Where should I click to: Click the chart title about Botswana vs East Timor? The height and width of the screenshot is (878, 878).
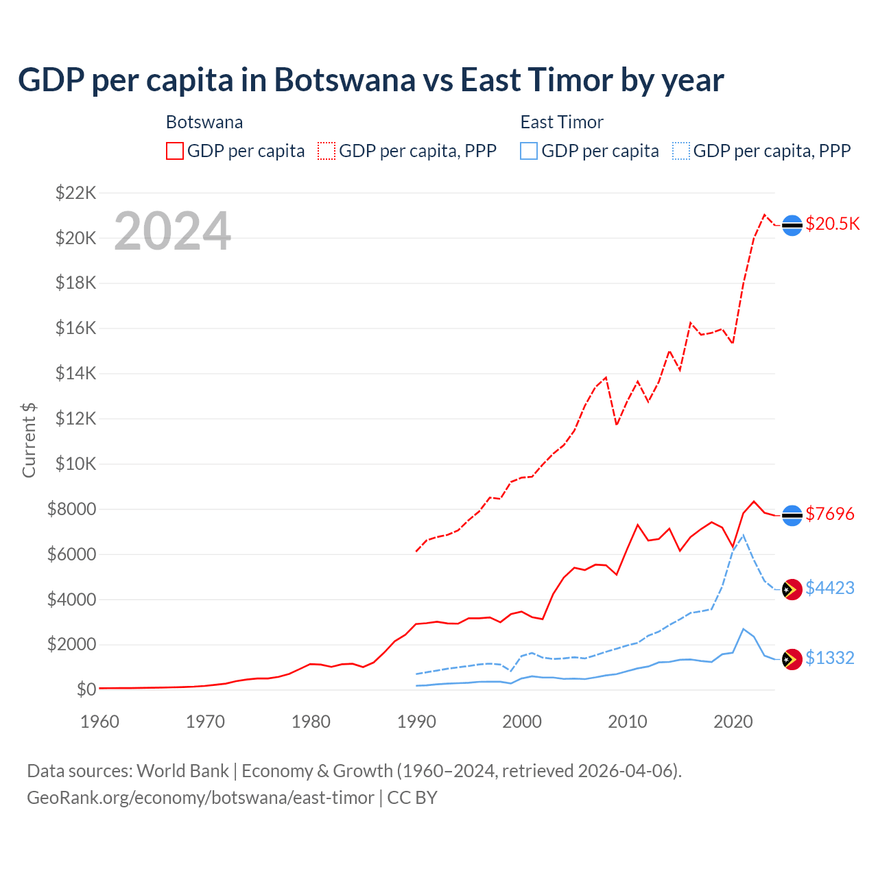[x=370, y=80]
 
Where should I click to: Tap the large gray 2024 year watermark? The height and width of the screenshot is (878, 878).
[x=172, y=231]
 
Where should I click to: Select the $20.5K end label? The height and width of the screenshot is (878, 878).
[x=832, y=224]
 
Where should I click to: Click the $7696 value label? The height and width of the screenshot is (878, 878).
[x=829, y=514]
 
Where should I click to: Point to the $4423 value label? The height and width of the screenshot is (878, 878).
[x=829, y=588]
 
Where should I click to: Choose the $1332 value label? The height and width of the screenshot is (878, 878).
[x=829, y=658]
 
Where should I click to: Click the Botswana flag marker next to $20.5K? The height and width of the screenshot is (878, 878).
[x=792, y=225]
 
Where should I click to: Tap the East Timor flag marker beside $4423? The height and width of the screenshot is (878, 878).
[x=792, y=589]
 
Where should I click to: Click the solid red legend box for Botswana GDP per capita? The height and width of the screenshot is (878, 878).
[x=175, y=151]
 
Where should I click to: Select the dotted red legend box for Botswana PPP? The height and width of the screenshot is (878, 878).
[x=327, y=151]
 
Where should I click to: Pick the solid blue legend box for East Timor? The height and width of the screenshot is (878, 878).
[x=529, y=151]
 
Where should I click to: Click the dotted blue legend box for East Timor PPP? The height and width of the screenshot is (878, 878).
[x=681, y=151]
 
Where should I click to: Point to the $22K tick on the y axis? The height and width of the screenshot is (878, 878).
[x=75, y=193]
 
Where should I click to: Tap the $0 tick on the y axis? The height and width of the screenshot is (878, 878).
[x=86, y=689]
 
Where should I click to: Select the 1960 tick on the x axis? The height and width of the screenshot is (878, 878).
[x=100, y=722]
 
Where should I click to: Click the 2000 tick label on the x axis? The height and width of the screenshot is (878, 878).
[x=522, y=722]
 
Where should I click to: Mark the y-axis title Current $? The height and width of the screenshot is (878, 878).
[x=29, y=440]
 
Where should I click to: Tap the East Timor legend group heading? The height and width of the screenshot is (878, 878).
[x=562, y=122]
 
